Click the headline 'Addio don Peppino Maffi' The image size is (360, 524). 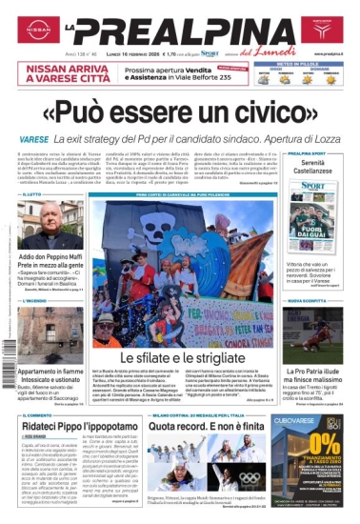tap(51, 258)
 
